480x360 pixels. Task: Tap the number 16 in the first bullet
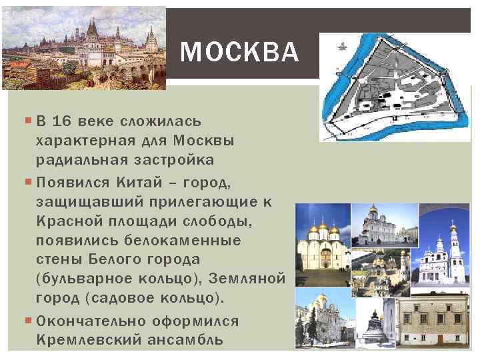(61, 122)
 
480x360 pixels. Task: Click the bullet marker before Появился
(29, 181)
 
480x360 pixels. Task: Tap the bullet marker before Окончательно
(29, 321)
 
